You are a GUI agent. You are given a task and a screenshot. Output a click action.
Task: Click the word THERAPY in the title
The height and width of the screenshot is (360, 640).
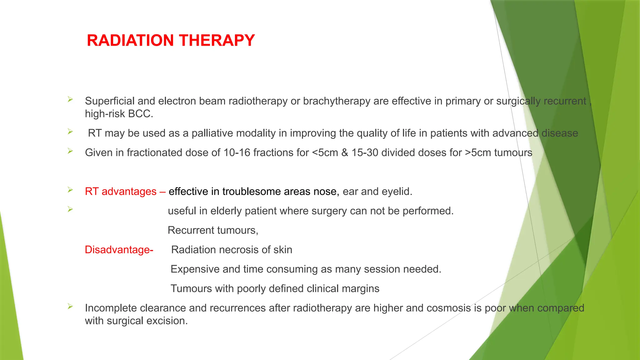tap(217, 41)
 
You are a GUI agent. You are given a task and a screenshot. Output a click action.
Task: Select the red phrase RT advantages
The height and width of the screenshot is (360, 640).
tap(121, 192)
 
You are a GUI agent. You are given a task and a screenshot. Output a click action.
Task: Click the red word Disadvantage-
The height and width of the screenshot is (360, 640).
tap(119, 250)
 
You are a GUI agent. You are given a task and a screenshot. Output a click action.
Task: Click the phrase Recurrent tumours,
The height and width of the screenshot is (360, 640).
tap(213, 231)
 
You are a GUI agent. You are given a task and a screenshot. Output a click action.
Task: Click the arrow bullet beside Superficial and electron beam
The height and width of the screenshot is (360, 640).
tap(70, 100)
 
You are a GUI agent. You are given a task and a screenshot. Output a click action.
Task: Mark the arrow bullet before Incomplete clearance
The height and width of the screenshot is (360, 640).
tap(70, 307)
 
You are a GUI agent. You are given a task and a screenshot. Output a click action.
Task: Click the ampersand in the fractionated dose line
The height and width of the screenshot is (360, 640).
tap(345, 153)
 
